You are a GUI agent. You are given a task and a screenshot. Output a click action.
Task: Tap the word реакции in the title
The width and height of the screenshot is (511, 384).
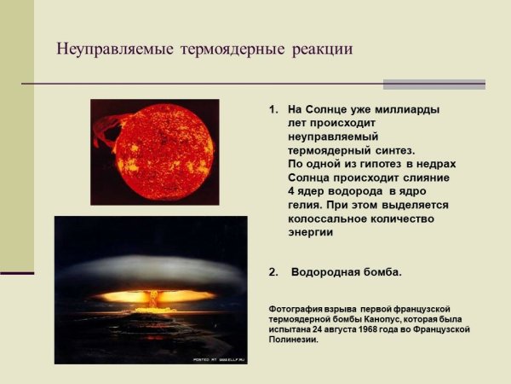click(321, 49)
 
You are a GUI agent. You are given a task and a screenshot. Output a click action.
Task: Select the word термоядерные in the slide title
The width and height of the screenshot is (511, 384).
click(233, 49)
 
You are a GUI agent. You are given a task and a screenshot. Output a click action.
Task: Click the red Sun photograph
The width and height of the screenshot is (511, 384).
click(154, 152)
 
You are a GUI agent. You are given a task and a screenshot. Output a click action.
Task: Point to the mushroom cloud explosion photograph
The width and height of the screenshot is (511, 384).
click(151, 289)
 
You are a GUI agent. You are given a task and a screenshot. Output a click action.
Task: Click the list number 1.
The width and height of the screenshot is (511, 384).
click(273, 111)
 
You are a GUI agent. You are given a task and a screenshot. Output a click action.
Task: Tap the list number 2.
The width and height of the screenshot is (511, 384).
click(273, 273)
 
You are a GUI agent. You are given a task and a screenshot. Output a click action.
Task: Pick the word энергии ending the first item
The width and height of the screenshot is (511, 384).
click(310, 232)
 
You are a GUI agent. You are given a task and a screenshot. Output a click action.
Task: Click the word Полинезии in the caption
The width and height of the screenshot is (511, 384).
click(294, 340)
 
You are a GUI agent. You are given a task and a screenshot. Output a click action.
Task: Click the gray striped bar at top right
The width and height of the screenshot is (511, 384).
click(433, 84)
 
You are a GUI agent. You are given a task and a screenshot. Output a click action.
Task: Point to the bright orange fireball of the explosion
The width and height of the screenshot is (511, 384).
click(153, 296)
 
